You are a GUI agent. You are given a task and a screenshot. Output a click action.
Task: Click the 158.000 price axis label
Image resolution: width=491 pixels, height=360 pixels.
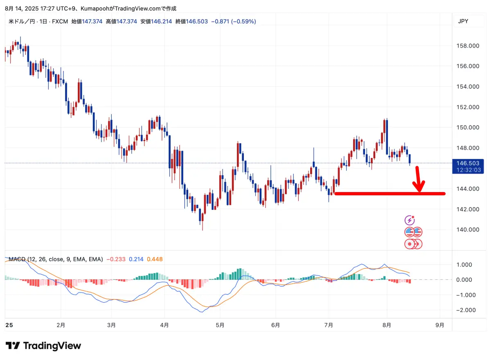pyautogui.click(x=468, y=46)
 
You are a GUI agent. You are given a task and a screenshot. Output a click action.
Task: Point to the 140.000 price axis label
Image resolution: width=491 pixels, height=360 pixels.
pyautogui.click(x=468, y=229)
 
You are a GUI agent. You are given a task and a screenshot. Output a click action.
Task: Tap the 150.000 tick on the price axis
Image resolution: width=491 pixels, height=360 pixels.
pyautogui.click(x=468, y=127)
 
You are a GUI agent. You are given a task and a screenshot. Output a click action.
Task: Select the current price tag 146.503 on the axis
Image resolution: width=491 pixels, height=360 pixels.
pyautogui.click(x=468, y=163)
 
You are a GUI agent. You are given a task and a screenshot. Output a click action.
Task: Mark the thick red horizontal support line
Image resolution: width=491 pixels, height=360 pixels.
pyautogui.click(x=389, y=193)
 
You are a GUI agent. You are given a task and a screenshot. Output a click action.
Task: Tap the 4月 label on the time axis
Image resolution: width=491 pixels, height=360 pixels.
pyautogui.click(x=164, y=325)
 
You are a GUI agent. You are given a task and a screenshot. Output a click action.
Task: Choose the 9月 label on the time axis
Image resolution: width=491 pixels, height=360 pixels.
pyautogui.click(x=440, y=325)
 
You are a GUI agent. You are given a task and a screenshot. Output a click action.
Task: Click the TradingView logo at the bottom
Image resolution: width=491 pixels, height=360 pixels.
pyautogui.click(x=43, y=346)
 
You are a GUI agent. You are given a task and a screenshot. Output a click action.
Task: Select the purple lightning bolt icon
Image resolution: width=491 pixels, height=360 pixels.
pyautogui.click(x=410, y=220)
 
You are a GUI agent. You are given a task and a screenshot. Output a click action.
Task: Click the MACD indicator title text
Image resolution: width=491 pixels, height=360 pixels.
pyautogui.click(x=56, y=259)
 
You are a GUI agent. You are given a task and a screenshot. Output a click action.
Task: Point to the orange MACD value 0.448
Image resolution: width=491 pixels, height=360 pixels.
pyautogui.click(x=154, y=259)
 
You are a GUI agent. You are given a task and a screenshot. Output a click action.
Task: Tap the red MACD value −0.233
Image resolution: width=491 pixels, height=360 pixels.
pyautogui.click(x=116, y=259)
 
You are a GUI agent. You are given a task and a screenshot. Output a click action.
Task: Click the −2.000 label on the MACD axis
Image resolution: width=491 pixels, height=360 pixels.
pyautogui.click(x=467, y=310)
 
